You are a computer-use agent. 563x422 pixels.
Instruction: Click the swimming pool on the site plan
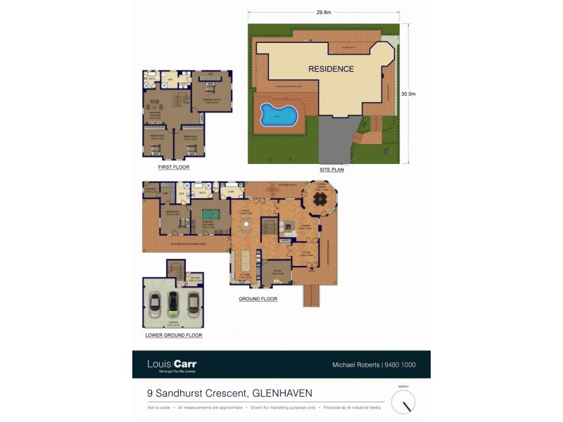[x=277, y=115]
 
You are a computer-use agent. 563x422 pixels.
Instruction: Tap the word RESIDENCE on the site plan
[x=331, y=69]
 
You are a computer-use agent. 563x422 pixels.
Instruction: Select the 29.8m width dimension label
[x=324, y=12]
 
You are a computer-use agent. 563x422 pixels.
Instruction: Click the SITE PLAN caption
[x=331, y=170]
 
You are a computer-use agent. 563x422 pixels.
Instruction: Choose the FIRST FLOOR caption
[x=174, y=167]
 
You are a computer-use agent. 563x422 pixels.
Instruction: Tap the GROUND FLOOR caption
[x=258, y=299]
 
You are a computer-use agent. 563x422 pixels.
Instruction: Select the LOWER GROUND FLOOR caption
[x=174, y=335]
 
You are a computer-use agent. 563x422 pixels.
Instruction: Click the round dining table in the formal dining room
[x=321, y=199]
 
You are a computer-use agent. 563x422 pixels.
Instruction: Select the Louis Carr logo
[x=172, y=364]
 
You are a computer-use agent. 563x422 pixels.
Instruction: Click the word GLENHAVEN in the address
[x=282, y=393]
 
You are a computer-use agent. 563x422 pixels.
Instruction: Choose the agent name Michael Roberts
[x=355, y=365]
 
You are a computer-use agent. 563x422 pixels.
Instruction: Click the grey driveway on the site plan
[x=336, y=141]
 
